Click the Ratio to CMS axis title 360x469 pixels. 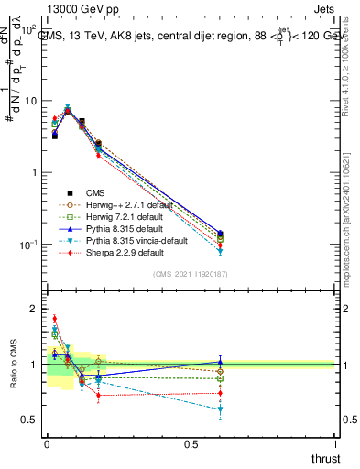(x=12, y=365)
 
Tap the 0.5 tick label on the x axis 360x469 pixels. (x=191, y=443)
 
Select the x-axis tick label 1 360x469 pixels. (x=335, y=443)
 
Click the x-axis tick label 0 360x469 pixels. (x=47, y=443)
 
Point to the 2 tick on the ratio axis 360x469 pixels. (x=35, y=310)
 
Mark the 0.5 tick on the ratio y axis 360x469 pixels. (x=31, y=420)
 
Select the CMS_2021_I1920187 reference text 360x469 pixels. (x=191, y=274)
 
